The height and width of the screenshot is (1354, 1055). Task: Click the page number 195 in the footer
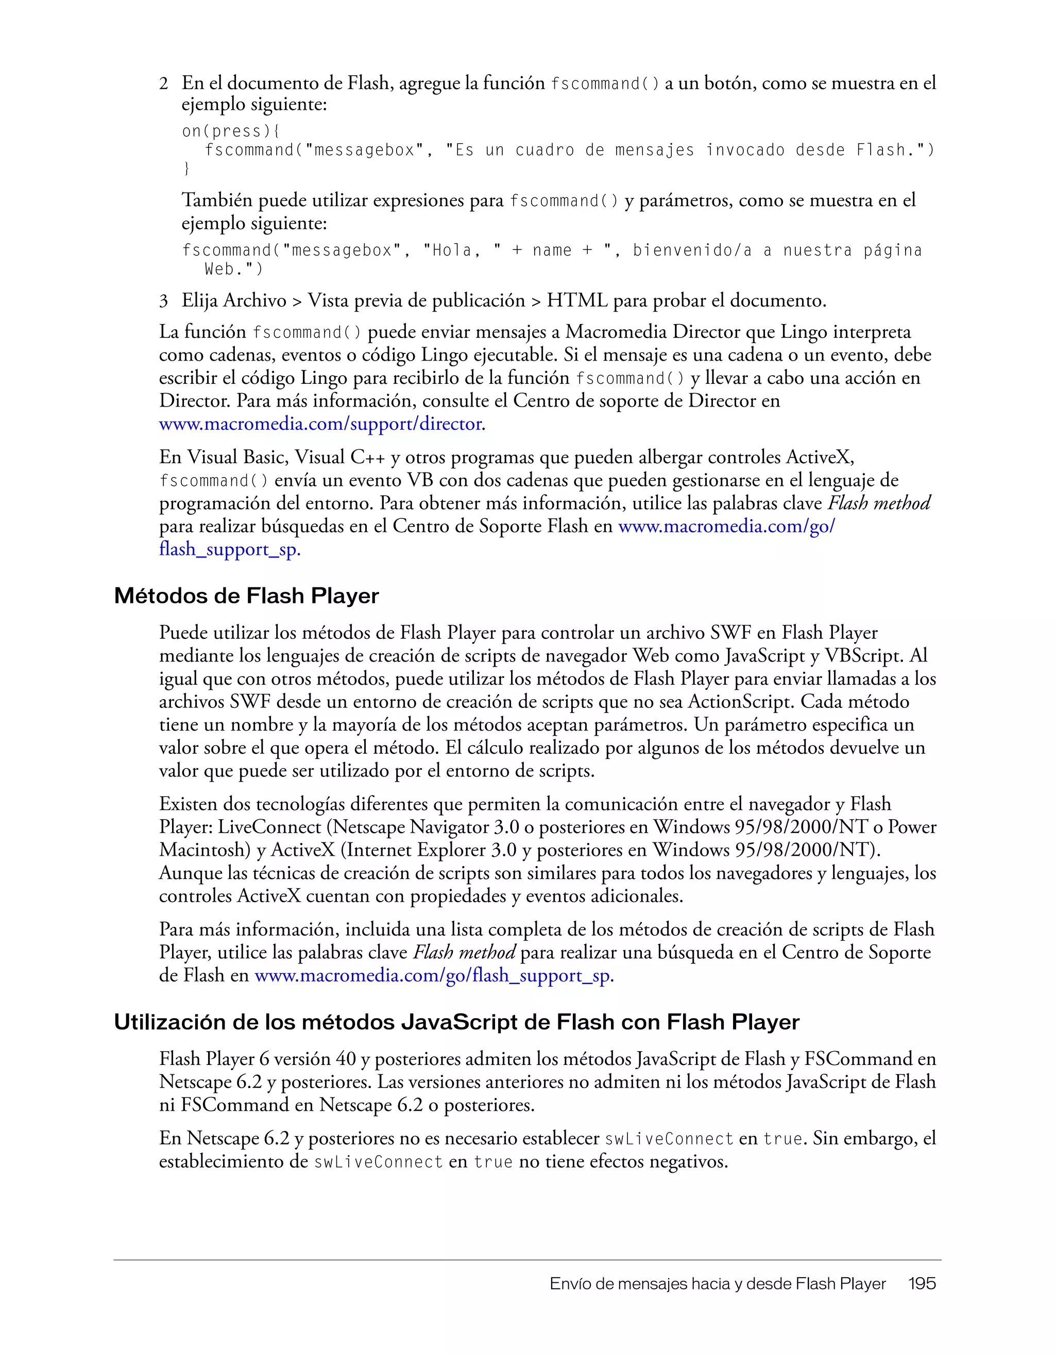coord(922,1283)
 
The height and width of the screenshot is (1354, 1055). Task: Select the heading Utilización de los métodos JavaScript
coord(456,1022)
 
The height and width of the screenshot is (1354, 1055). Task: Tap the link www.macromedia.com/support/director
coord(320,424)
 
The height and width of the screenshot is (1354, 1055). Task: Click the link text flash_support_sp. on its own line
coord(229,550)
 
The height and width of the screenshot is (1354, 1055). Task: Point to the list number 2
coord(164,83)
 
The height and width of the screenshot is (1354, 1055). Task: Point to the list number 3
coord(164,301)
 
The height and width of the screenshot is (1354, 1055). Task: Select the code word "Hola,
coord(452,250)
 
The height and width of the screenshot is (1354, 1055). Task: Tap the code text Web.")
coord(234,269)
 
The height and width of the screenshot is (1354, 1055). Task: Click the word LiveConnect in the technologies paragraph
coord(269,827)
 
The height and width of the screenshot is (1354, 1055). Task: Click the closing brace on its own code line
coord(186,168)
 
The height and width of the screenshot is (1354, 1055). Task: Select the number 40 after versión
coord(346,1059)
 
